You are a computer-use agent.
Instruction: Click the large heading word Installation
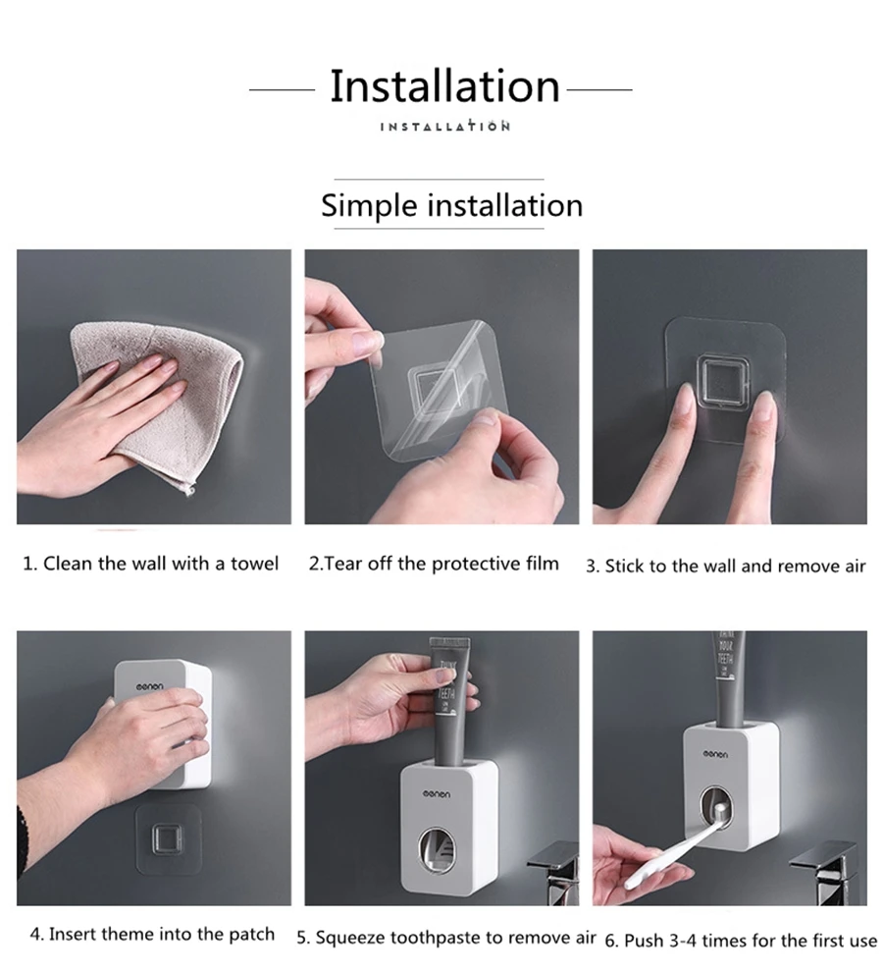444,85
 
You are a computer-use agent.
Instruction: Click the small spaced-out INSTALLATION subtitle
444,127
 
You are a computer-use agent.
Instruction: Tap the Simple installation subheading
451,206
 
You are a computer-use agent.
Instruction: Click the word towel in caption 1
255,564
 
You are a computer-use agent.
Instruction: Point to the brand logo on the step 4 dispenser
150,687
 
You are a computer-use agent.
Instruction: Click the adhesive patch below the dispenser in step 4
168,839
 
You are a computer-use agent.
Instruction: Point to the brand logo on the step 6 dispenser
715,754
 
